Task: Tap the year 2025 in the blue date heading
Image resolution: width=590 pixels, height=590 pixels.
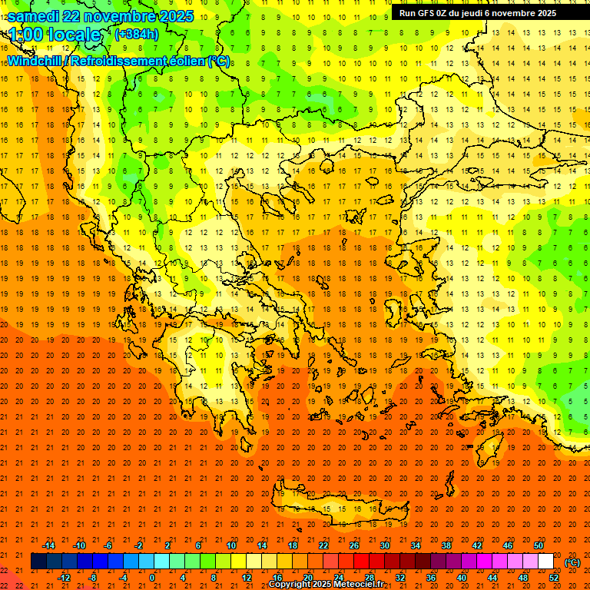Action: pos(171,16)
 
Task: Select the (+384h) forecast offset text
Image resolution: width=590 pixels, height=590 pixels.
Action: pos(136,35)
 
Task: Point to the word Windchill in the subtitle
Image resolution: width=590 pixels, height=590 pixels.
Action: pos(35,61)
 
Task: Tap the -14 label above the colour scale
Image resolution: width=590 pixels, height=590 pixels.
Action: pos(48,545)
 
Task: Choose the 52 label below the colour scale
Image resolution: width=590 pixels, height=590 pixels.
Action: pos(553,578)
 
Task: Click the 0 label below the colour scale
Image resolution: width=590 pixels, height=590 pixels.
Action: pos(152,578)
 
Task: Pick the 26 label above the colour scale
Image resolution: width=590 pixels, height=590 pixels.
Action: pos(354,545)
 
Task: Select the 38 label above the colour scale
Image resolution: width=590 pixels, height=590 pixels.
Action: pos(446,545)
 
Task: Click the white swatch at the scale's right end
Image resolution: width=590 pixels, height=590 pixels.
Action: pos(545,562)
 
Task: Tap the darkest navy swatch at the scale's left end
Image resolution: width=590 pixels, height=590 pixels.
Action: pos(38,562)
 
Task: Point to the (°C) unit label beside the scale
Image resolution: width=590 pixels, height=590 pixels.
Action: pos(572,562)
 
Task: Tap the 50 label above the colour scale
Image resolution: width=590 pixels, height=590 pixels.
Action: pos(539,545)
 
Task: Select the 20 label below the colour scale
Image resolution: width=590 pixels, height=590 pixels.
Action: pos(307,578)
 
